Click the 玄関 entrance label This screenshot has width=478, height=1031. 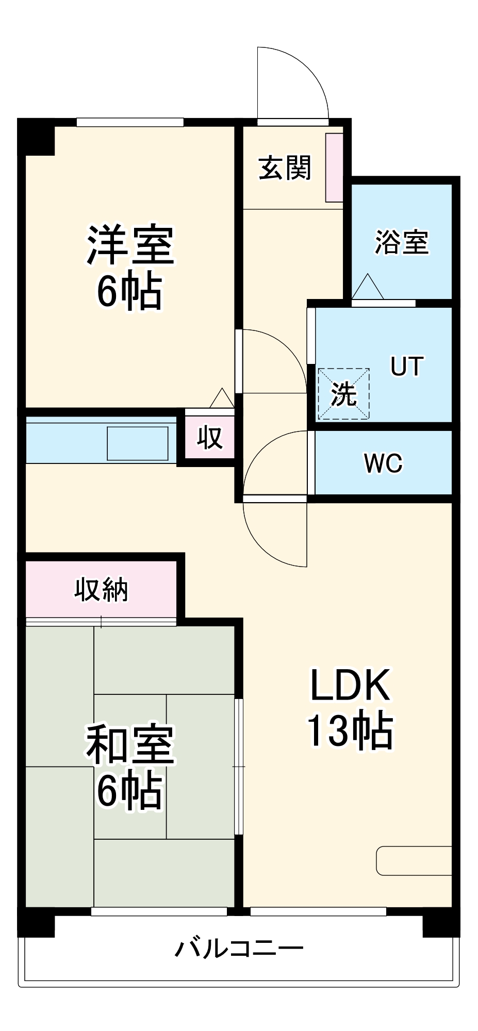click(285, 168)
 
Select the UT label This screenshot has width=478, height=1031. click(407, 366)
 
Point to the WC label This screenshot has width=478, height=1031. click(383, 463)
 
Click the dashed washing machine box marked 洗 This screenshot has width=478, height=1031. click(343, 394)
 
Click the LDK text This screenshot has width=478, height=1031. click(350, 685)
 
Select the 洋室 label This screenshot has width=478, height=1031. click(130, 245)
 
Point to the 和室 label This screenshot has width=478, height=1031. click(130, 744)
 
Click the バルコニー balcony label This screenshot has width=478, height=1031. click(239, 948)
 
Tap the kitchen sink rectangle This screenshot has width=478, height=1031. click(137, 443)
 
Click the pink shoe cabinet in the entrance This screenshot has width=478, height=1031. click(334, 168)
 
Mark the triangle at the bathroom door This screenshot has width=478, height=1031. click(368, 287)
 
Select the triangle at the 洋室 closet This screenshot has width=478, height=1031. click(222, 398)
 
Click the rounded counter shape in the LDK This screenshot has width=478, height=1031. click(414, 860)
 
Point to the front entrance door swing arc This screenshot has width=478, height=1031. click(299, 77)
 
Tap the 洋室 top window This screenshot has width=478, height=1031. click(130, 122)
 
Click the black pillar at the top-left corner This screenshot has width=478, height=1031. click(36, 137)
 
